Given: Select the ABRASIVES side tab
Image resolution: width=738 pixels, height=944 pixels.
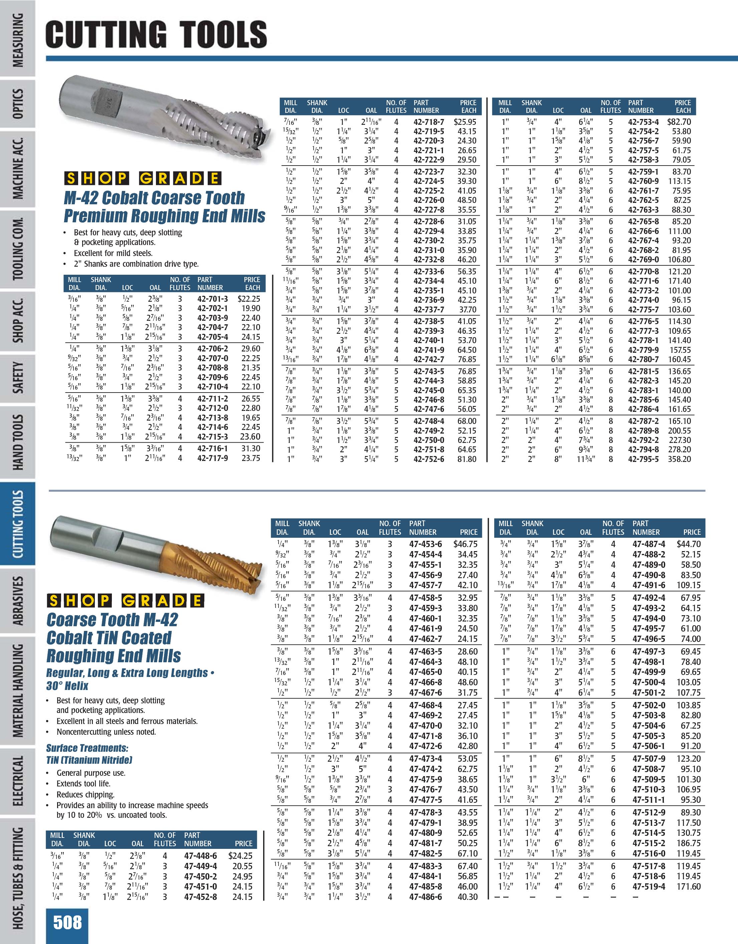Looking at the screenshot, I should pyautogui.click(x=18, y=601).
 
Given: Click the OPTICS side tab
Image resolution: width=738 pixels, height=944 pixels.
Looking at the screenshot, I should pyautogui.click(x=18, y=104).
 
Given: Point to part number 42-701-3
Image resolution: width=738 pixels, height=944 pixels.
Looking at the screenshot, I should pyautogui.click(x=212, y=299).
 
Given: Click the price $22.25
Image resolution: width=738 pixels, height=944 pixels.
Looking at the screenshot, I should pyautogui.click(x=249, y=299).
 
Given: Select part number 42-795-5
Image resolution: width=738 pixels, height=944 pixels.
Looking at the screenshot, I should pyautogui.click(x=643, y=459).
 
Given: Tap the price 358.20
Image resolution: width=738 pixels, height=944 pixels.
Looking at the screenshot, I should pyautogui.click(x=679, y=459).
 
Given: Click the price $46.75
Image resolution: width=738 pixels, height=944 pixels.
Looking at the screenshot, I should pyautogui.click(x=465, y=544).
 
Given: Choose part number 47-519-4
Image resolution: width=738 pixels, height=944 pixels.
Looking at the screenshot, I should pyautogui.click(x=649, y=887).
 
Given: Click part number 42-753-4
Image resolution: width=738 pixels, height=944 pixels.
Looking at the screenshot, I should pyautogui.click(x=643, y=122).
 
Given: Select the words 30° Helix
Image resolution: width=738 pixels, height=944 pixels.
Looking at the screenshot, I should pyautogui.click(x=67, y=686).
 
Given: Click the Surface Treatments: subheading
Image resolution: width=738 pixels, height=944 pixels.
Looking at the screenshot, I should pyautogui.click(x=87, y=748).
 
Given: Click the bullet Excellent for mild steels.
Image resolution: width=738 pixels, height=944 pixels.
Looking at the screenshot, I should pyautogui.click(x=113, y=253).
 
